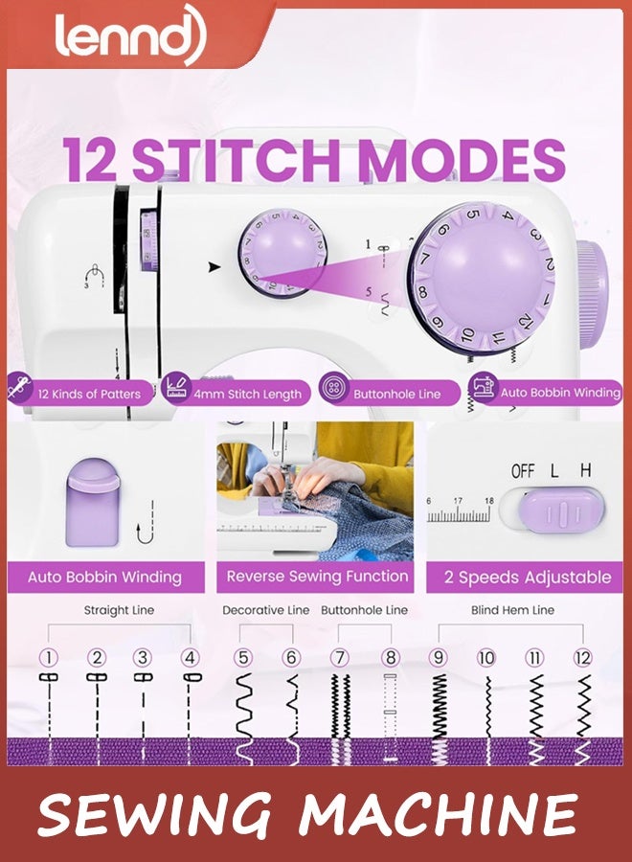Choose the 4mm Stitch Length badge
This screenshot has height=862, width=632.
click(236, 393)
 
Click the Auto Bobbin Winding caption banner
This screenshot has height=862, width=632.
click(104, 578)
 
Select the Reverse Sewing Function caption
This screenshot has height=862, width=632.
click(317, 577)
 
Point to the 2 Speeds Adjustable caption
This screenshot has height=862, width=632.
click(528, 578)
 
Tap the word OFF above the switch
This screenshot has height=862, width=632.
click(523, 471)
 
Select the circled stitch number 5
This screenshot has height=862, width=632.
click(244, 657)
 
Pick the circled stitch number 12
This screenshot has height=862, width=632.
click(582, 657)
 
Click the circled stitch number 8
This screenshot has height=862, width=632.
click(390, 657)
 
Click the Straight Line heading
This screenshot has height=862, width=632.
click(119, 610)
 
